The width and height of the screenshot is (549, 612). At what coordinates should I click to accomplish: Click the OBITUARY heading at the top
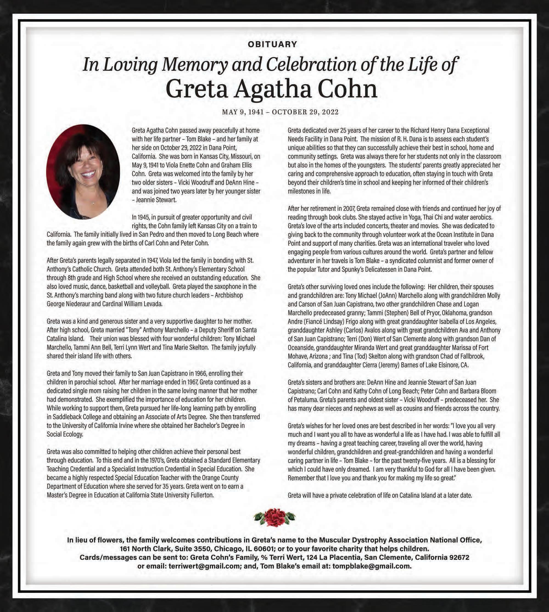(272, 44)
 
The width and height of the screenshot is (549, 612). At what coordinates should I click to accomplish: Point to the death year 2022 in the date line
(330, 112)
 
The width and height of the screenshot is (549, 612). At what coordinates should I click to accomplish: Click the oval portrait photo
(83, 172)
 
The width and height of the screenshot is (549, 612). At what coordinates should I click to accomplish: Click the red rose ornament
(274, 517)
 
